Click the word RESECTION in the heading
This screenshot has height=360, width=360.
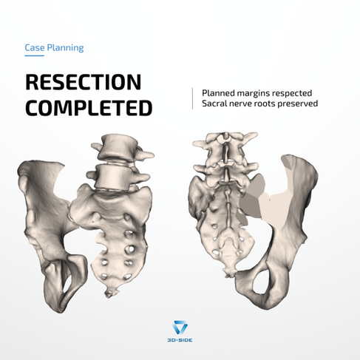(x=84, y=82)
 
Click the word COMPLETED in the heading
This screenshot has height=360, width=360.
(x=89, y=108)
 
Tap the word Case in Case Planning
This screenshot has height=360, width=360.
(x=35, y=47)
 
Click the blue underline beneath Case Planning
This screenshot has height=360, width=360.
(x=34, y=55)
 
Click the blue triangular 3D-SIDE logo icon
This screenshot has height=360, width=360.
(x=180, y=327)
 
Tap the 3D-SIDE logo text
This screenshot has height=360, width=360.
(x=180, y=340)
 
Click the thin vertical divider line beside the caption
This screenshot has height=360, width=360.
(x=192, y=98)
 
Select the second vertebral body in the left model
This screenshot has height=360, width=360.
(x=112, y=177)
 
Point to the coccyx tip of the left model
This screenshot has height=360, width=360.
(x=109, y=293)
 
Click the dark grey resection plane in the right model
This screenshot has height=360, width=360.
(x=249, y=206)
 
